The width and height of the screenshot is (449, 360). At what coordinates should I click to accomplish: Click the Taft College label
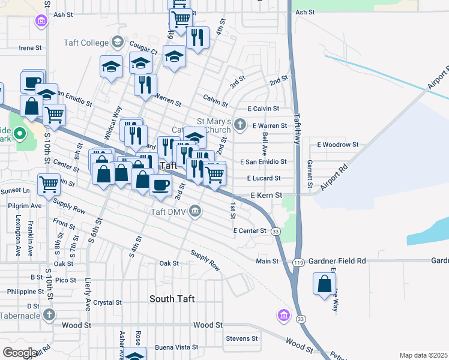86,43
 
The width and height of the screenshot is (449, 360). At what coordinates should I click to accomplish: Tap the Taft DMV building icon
196,211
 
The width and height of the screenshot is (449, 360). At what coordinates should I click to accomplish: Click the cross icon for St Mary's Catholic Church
240,125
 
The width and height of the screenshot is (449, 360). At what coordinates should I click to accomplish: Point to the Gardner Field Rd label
337,262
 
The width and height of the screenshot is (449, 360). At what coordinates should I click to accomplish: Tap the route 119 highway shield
298,262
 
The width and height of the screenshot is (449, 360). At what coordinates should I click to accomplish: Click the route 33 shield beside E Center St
275,231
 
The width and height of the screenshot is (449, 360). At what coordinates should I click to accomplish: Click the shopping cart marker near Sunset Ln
48,184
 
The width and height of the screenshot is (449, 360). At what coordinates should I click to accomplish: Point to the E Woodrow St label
337,145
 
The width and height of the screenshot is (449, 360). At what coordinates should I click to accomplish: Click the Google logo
19,353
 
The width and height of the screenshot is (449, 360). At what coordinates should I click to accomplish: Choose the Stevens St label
241,338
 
